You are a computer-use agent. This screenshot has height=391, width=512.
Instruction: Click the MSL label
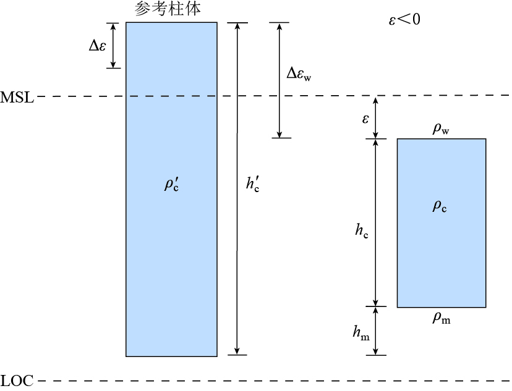tap(17, 97)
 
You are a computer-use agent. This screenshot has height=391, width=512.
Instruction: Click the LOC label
tap(17, 380)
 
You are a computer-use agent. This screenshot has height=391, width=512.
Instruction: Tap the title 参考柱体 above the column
tap(167, 9)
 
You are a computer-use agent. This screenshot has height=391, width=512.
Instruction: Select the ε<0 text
tap(404, 20)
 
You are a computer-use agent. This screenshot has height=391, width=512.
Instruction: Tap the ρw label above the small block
tap(441, 129)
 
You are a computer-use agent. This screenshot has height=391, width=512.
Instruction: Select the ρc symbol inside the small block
tap(440, 206)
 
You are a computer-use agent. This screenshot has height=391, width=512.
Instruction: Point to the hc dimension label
tap(362, 231)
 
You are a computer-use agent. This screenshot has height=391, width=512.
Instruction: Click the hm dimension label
tap(361, 332)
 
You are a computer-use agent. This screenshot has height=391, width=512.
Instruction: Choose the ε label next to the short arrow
tap(365, 117)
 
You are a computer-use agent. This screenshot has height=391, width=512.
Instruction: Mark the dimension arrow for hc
tap(375, 259)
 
